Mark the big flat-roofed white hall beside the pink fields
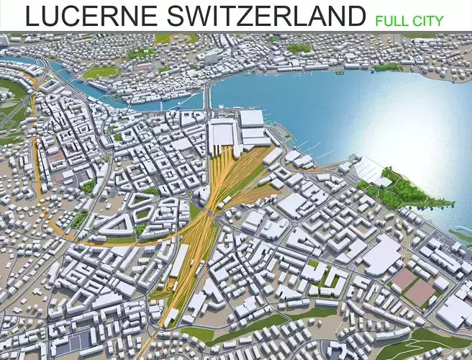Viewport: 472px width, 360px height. pos(381,256)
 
